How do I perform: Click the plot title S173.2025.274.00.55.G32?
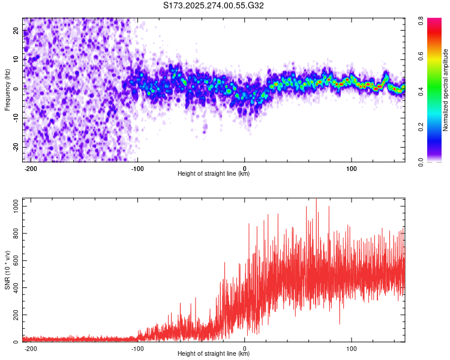click(x=214, y=6)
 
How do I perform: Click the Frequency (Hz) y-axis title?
click(x=8, y=90)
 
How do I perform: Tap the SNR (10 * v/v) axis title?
click(x=8, y=269)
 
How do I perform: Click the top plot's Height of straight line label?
click(x=213, y=174)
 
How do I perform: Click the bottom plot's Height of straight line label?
click(x=213, y=354)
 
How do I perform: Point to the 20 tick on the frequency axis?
click(x=16, y=31)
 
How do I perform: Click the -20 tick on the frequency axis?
click(x=15, y=147)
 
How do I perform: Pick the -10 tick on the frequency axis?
click(x=15, y=118)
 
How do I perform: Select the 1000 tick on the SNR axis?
click(x=12, y=206)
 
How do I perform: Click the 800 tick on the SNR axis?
click(x=14, y=233)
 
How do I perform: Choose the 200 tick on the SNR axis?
click(x=14, y=315)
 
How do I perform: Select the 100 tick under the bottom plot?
click(x=352, y=347)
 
